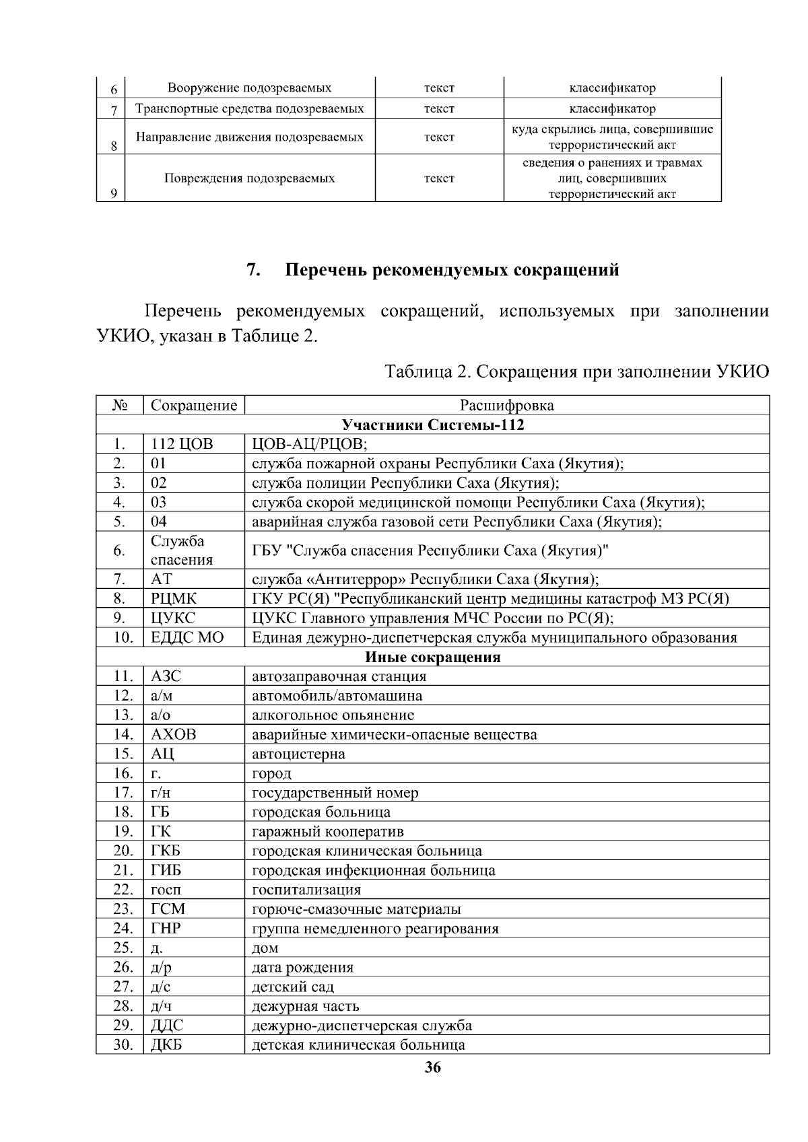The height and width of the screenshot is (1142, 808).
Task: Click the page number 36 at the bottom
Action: (433, 1067)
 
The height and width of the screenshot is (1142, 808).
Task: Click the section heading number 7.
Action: (253, 271)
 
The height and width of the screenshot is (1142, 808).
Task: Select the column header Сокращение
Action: (194, 405)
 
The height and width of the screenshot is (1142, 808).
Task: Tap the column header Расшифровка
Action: (506, 405)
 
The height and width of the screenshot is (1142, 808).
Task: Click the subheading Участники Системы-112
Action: (433, 425)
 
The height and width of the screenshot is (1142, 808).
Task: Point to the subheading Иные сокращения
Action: (433, 657)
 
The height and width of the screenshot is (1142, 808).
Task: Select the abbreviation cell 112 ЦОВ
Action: (181, 444)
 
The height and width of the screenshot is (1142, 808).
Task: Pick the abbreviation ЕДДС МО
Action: (187, 637)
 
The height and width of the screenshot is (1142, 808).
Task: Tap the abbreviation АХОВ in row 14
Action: (174, 734)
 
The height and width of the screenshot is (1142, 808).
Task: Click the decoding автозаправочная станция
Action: (339, 676)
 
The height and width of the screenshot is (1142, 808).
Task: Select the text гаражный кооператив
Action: (327, 831)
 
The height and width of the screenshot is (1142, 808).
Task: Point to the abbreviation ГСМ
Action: (168, 909)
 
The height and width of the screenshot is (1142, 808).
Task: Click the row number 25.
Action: (123, 948)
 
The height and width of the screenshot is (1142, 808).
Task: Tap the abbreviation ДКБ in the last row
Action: (166, 1044)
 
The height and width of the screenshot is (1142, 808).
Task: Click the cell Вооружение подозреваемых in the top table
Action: (249, 88)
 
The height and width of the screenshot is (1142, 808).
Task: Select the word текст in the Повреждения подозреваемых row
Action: (439, 178)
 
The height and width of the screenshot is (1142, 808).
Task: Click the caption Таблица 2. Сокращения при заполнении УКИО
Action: (576, 371)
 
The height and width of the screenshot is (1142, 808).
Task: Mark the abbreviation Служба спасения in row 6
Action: (181, 550)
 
